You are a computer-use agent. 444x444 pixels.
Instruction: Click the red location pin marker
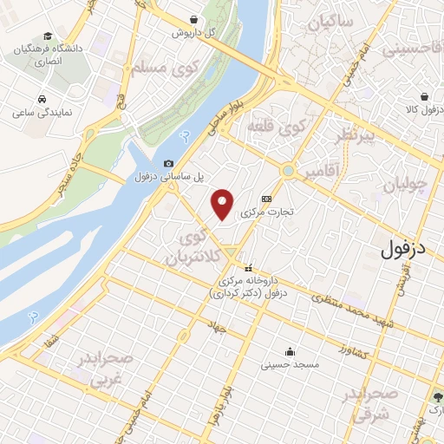223,203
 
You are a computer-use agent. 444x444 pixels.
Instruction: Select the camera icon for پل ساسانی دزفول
168,163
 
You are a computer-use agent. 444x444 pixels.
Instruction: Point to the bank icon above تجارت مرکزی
279,197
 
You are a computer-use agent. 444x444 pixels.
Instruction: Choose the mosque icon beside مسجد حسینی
288,352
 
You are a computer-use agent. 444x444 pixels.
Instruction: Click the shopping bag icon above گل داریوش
193,19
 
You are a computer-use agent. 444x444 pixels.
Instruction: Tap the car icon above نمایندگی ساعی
42,99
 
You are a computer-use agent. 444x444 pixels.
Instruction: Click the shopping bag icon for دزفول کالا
425,97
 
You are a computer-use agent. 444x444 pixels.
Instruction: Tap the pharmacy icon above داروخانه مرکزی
250,267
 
